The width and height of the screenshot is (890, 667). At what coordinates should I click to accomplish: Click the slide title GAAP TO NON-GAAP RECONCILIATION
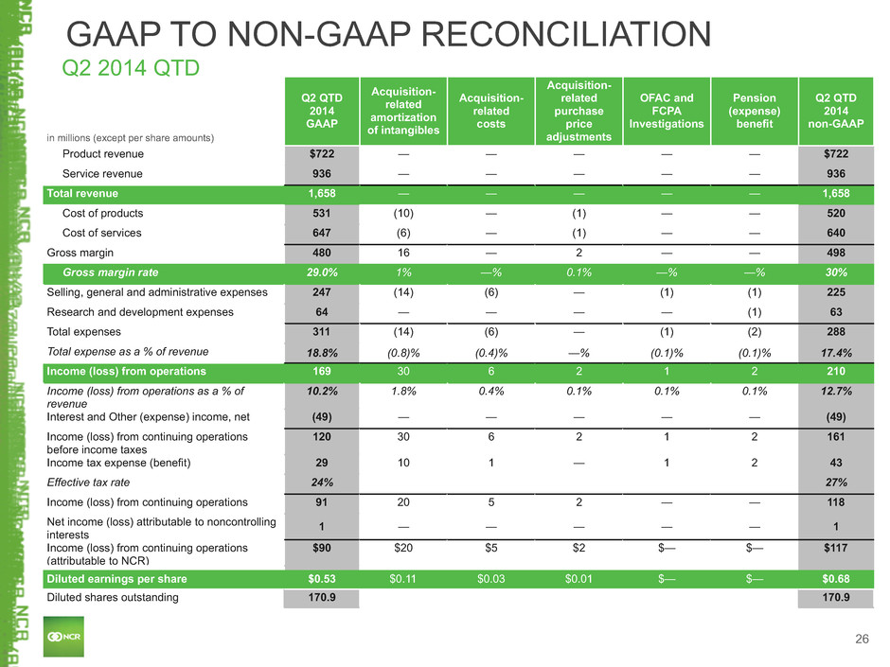coord(387,35)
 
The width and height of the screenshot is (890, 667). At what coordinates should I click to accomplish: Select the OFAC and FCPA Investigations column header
coord(667,111)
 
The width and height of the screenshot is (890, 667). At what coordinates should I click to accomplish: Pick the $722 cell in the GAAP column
coord(320,153)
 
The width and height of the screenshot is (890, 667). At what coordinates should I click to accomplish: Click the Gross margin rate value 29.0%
coord(320,272)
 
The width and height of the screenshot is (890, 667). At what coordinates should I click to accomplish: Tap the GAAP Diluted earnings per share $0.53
coord(320,578)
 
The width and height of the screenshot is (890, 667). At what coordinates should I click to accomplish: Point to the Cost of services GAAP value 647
coord(320,233)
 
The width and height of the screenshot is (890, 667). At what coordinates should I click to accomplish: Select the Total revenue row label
coord(83,193)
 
